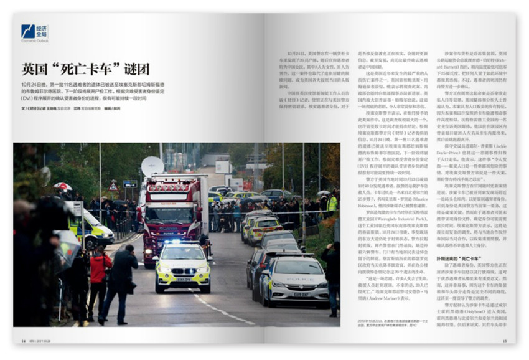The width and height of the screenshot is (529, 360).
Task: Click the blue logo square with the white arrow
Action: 27,31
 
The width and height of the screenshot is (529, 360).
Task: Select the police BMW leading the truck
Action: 182,265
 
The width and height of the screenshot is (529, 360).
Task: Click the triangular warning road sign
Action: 113,186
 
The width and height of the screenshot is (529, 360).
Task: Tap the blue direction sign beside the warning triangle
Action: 129,184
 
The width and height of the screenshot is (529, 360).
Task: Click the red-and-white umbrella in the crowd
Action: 62,186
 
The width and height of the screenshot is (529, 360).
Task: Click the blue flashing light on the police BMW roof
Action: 183,243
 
